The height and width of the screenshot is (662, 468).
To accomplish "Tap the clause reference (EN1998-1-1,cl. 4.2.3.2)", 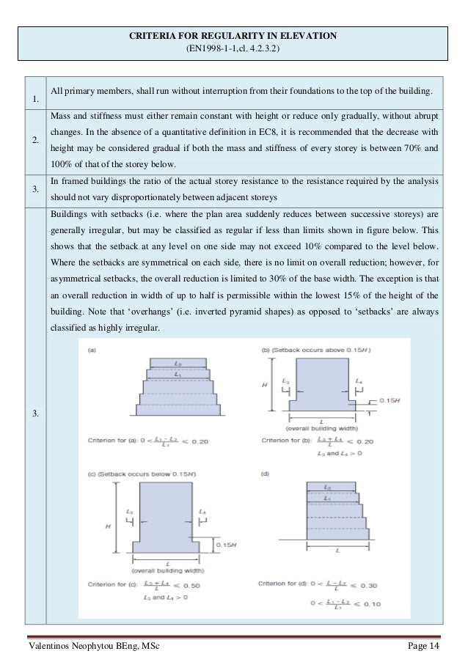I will (234, 49).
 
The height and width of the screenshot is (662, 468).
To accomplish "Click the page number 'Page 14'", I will (423, 645).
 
